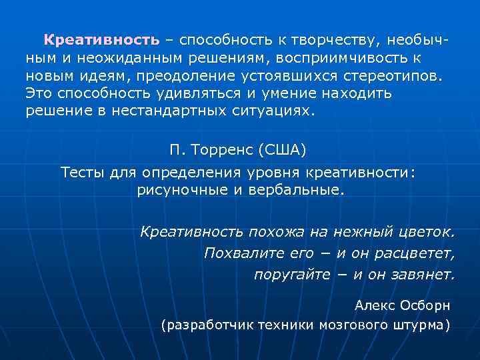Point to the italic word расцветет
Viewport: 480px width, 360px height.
point(417,253)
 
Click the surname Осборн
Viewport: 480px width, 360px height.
point(425,305)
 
